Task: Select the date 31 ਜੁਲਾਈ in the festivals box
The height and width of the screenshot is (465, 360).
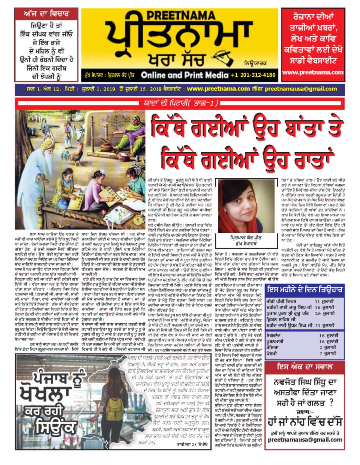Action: (325, 325)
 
